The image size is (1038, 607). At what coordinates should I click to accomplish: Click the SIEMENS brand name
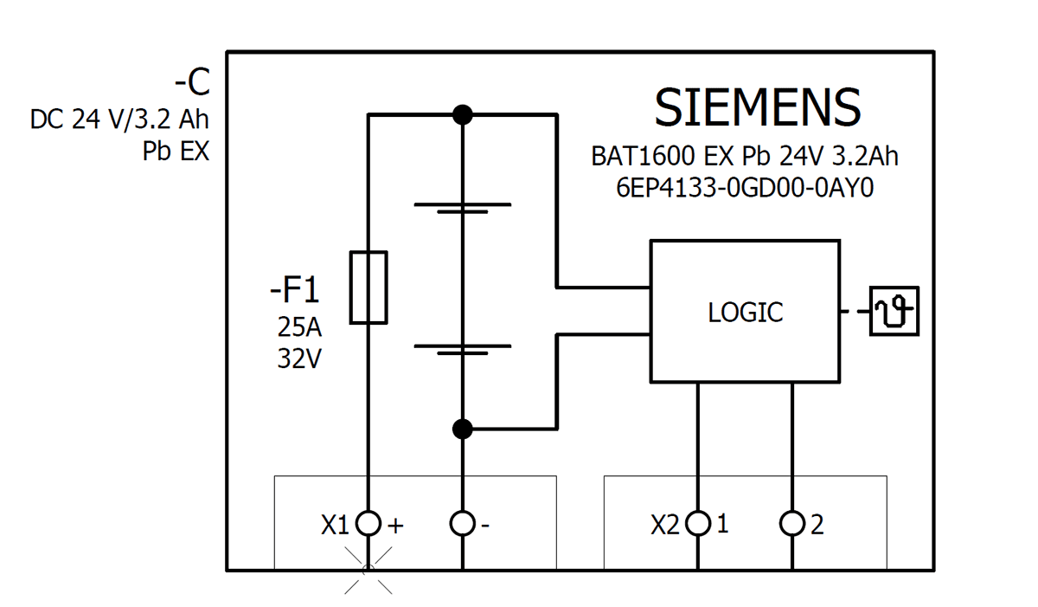[757, 108]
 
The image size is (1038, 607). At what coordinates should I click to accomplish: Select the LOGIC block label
[745, 313]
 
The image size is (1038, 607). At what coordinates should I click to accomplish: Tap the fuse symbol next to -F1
[368, 287]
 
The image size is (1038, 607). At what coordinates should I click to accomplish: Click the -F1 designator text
[294, 291]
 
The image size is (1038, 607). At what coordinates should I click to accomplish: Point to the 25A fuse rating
[298, 326]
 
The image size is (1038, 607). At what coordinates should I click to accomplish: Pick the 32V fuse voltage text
[298, 358]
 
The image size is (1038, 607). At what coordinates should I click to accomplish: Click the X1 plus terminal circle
[368, 524]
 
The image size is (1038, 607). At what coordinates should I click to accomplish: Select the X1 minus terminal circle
[463, 524]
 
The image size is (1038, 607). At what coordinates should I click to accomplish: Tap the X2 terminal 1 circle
[697, 524]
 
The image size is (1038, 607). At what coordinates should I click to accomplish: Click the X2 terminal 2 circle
[791, 524]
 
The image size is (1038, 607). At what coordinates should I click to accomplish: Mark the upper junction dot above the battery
[463, 114]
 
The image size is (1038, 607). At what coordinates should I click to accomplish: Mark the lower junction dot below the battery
[463, 429]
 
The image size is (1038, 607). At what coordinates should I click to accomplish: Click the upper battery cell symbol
[463, 208]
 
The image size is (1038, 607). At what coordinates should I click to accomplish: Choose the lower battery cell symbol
[463, 349]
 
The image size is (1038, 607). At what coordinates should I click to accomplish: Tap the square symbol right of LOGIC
[894, 311]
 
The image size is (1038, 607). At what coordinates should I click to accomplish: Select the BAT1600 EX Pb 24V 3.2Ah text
[745, 157]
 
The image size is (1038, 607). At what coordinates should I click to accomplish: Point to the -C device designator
[191, 83]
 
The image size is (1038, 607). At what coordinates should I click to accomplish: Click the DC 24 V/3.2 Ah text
[119, 119]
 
